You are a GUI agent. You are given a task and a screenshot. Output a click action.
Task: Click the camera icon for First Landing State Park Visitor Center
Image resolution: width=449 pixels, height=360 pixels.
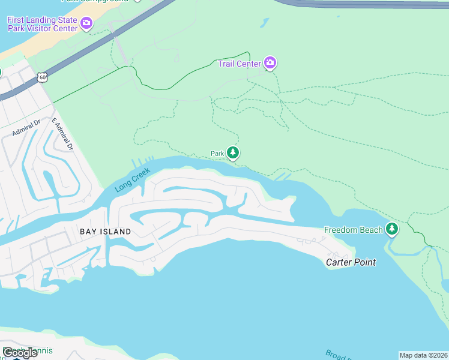coord(86,24)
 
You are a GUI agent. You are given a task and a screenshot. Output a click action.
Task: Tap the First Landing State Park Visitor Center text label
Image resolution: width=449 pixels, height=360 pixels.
coord(42,24)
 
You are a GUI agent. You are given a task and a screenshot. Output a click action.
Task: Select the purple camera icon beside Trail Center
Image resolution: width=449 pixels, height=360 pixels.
coord(270,63)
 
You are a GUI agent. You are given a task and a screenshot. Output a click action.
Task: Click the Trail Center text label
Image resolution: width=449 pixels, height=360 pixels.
coord(240,64)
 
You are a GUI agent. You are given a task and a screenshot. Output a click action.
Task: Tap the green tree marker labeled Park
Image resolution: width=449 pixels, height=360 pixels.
coord(233,154)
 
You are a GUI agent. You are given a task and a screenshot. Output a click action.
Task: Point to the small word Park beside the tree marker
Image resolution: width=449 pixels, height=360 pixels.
coord(217,154)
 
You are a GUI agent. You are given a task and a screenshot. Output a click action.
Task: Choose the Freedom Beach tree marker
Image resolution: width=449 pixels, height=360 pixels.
coord(392,229)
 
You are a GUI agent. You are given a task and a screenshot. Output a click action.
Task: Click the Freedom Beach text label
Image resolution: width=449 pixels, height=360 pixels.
coord(354,230)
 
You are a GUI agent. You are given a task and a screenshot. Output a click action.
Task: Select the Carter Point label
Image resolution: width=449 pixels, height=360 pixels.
coord(351,262)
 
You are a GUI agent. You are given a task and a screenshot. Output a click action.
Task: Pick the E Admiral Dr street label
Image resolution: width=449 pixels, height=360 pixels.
coord(62,134)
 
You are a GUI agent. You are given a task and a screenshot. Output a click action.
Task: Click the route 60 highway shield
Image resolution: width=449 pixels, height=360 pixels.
coord(41,77)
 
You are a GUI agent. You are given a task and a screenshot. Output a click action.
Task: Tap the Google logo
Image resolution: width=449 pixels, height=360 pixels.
coord(20,353)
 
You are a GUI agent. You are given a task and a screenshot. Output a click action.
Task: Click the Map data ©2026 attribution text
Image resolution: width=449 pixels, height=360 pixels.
coord(423,355)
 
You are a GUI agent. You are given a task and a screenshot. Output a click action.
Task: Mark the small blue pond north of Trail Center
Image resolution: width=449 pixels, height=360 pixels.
coord(264,23)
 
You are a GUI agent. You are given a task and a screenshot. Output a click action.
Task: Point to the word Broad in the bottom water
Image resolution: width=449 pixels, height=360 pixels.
coord(336,354)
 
